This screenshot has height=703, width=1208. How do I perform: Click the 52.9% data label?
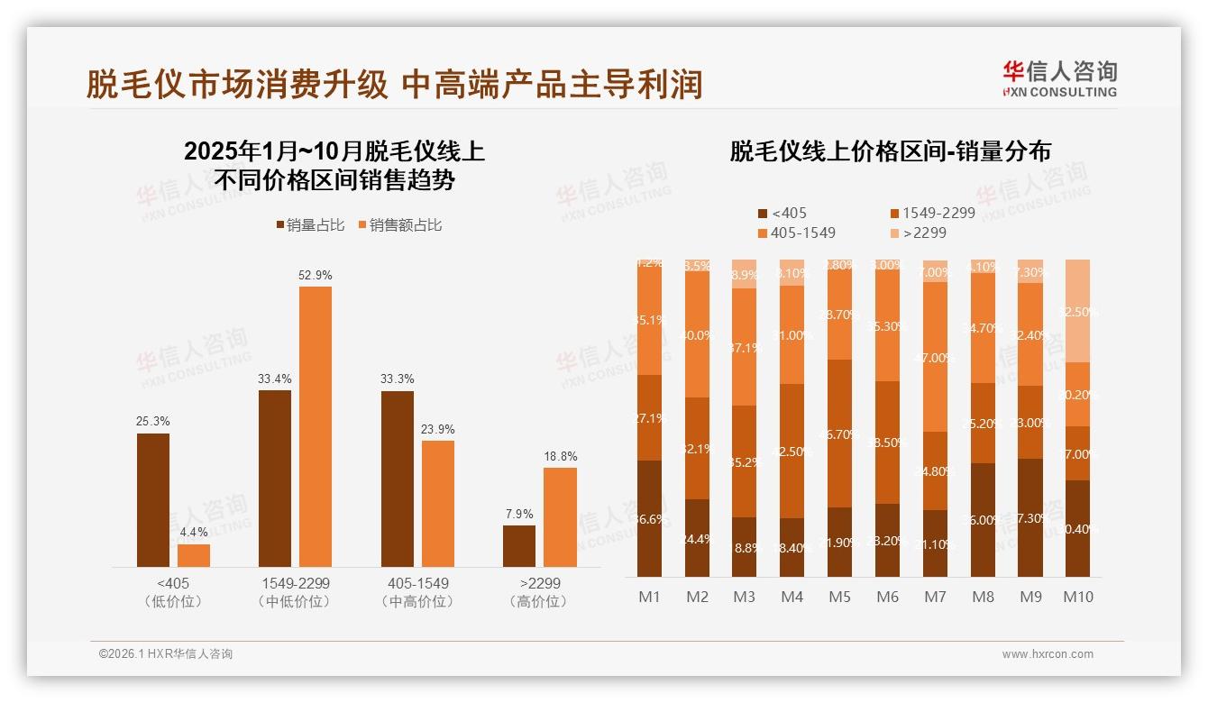[x=315, y=275]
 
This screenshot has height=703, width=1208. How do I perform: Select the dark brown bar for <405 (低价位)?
[x=153, y=500]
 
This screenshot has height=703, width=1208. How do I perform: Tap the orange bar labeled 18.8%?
[x=560, y=517]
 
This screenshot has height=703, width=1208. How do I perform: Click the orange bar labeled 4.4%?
[x=194, y=555]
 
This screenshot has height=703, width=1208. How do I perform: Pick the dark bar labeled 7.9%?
[x=519, y=546]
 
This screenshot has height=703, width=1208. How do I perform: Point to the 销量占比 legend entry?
[x=310, y=225]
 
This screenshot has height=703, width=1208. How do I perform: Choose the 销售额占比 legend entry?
[x=400, y=225]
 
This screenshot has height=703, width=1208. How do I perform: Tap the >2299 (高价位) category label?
[x=538, y=592]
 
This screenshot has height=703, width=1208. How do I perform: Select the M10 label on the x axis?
[x=1077, y=597]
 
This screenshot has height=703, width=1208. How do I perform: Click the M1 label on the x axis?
[x=649, y=597]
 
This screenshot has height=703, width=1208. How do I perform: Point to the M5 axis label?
[x=839, y=597]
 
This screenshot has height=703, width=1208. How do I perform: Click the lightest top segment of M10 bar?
[x=1077, y=311]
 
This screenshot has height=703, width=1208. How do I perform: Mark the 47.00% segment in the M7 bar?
[x=935, y=357]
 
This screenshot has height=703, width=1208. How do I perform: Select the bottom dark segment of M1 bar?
[x=649, y=518]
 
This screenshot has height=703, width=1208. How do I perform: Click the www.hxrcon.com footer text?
[x=1048, y=654]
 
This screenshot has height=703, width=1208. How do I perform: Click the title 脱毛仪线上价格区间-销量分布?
[x=890, y=151]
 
